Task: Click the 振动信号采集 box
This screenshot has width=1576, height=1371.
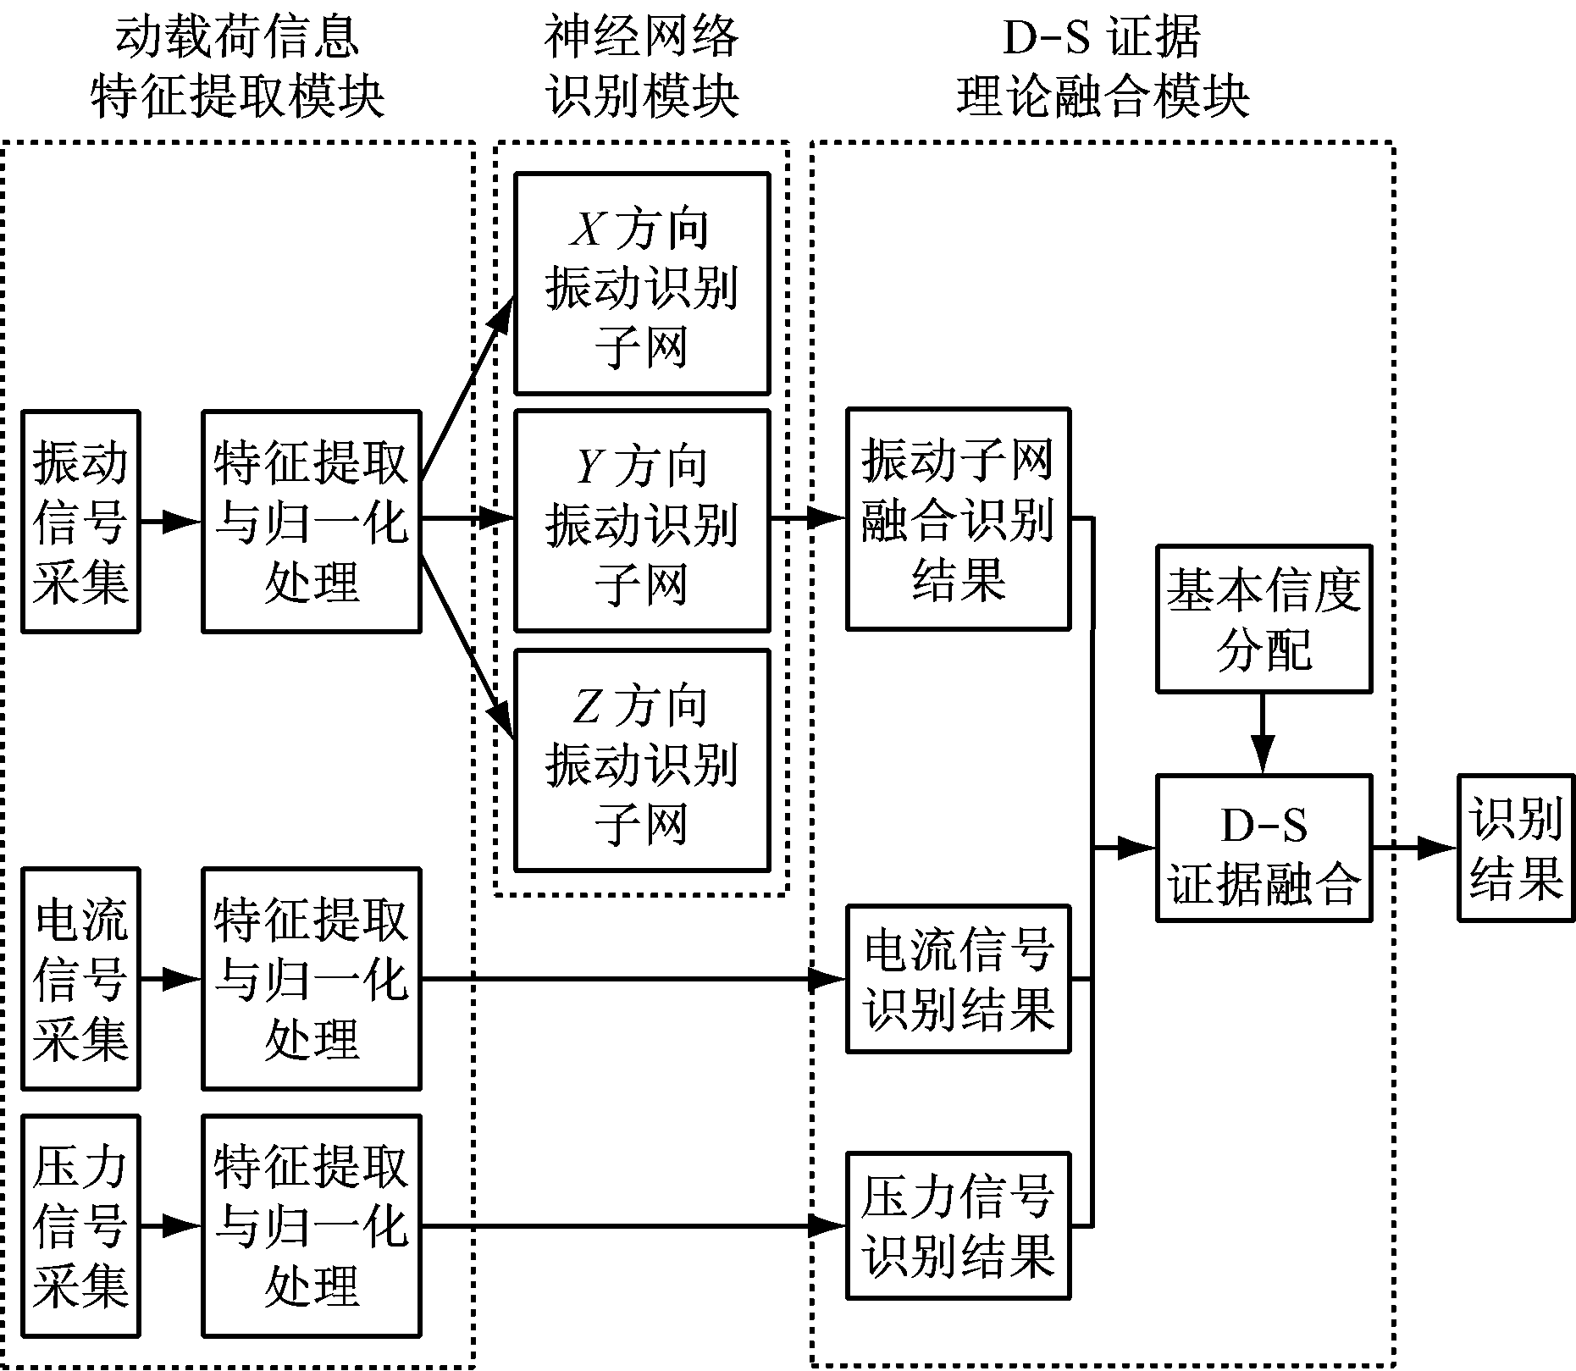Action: (80, 522)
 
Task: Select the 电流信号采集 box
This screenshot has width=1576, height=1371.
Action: (80, 978)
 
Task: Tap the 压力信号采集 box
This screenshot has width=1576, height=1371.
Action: (80, 1225)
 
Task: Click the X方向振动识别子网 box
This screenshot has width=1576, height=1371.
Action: (642, 284)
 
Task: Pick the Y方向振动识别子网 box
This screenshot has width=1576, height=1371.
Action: (642, 521)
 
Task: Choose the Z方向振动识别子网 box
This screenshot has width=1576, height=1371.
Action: (642, 760)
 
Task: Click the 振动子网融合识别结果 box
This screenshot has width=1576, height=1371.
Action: (958, 519)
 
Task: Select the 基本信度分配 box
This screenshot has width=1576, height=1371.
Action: (1264, 619)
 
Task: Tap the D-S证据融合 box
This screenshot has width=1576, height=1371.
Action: (1264, 848)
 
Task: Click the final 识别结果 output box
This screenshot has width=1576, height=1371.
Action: (1515, 848)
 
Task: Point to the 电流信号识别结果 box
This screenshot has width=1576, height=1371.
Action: (958, 979)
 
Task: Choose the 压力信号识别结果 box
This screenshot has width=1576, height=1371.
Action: (958, 1225)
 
